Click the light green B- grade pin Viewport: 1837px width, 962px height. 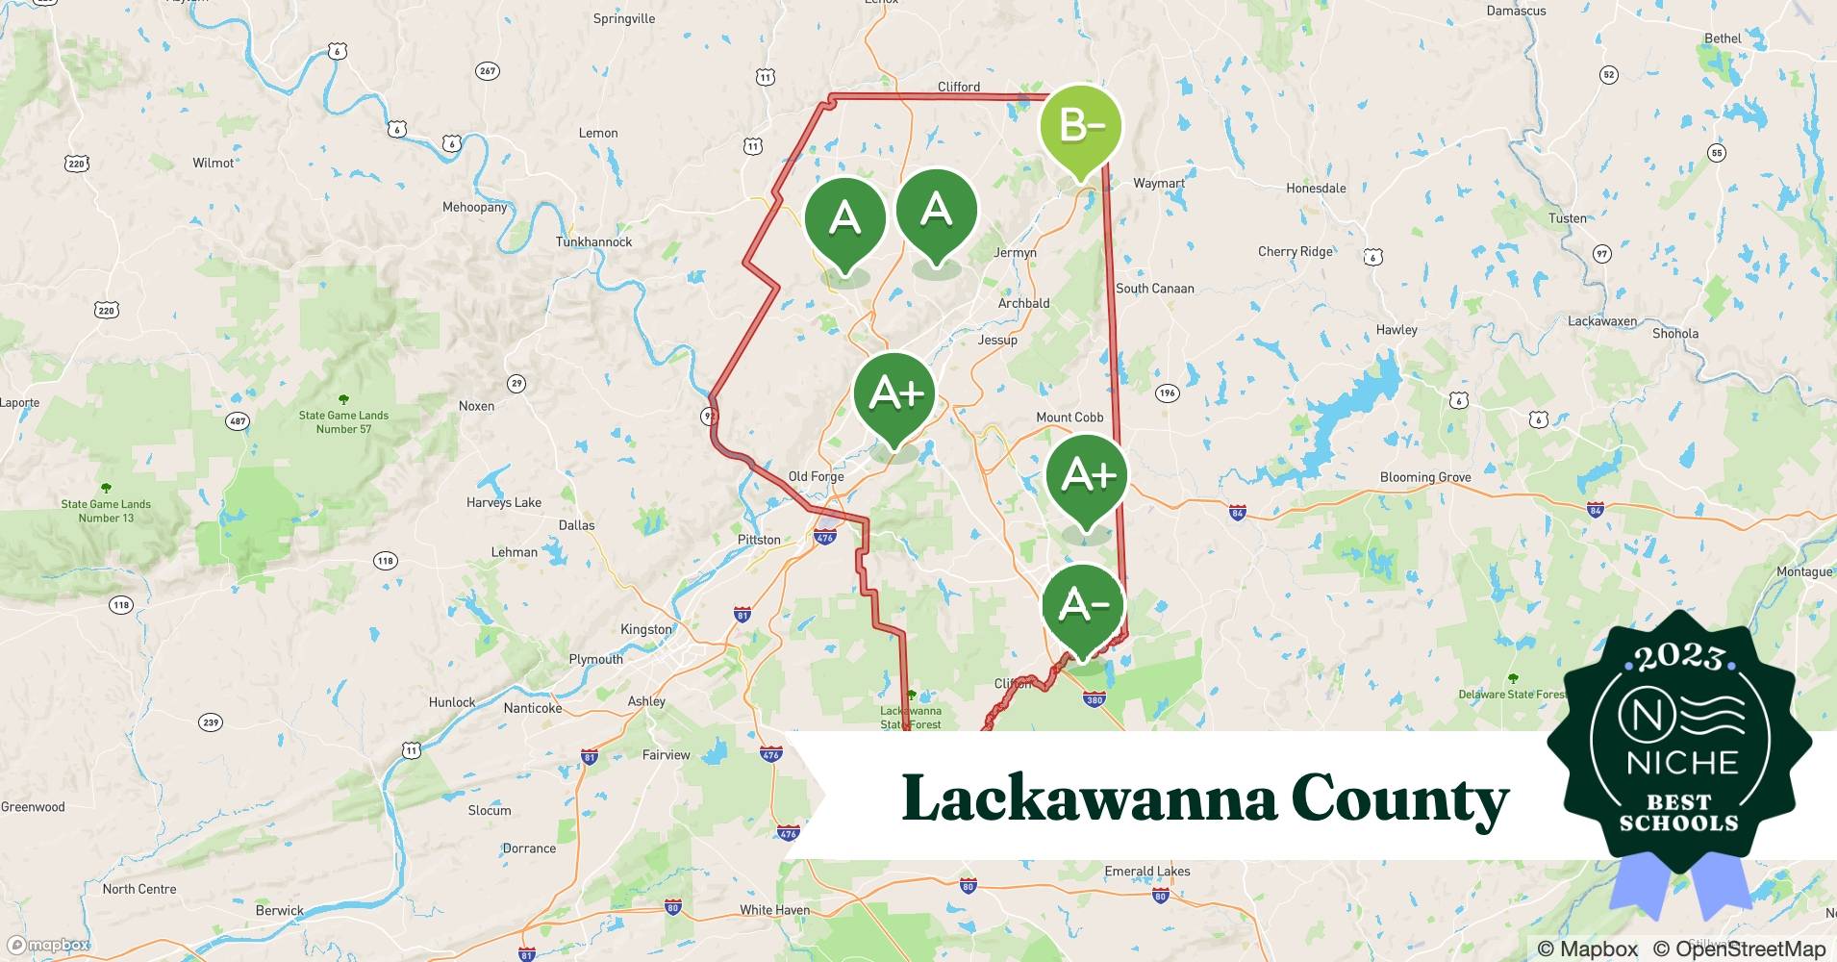click(1081, 127)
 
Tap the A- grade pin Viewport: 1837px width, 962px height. click(1084, 606)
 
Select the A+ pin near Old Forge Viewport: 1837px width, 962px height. click(894, 394)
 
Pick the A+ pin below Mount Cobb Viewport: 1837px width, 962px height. click(1087, 476)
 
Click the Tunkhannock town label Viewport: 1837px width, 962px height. click(593, 241)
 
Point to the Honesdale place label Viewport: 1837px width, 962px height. click(1316, 188)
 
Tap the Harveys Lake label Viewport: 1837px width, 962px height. click(503, 502)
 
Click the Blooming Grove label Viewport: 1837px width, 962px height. click(1424, 477)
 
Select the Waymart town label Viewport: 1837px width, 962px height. click(1158, 183)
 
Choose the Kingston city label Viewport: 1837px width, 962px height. click(645, 629)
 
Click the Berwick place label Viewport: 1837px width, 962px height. click(279, 910)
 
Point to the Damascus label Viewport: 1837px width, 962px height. click(1516, 12)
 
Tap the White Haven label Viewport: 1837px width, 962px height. click(774, 910)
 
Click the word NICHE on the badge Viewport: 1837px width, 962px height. click(1682, 763)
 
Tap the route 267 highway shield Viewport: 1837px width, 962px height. click(488, 70)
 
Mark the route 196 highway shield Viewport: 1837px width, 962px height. click(1167, 392)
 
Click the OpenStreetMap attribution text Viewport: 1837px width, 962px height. click(1739, 949)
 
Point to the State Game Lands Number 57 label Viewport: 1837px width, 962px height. click(343, 422)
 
